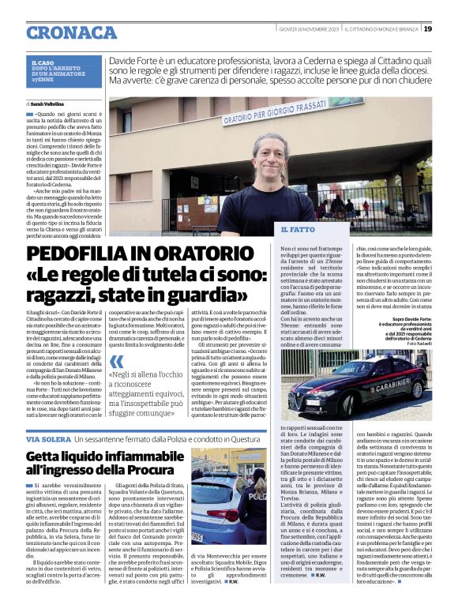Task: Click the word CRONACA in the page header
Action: pyautogui.click(x=70, y=32)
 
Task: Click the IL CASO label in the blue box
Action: pyautogui.click(x=41, y=62)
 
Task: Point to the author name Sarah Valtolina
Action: pyautogui.click(x=48, y=103)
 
